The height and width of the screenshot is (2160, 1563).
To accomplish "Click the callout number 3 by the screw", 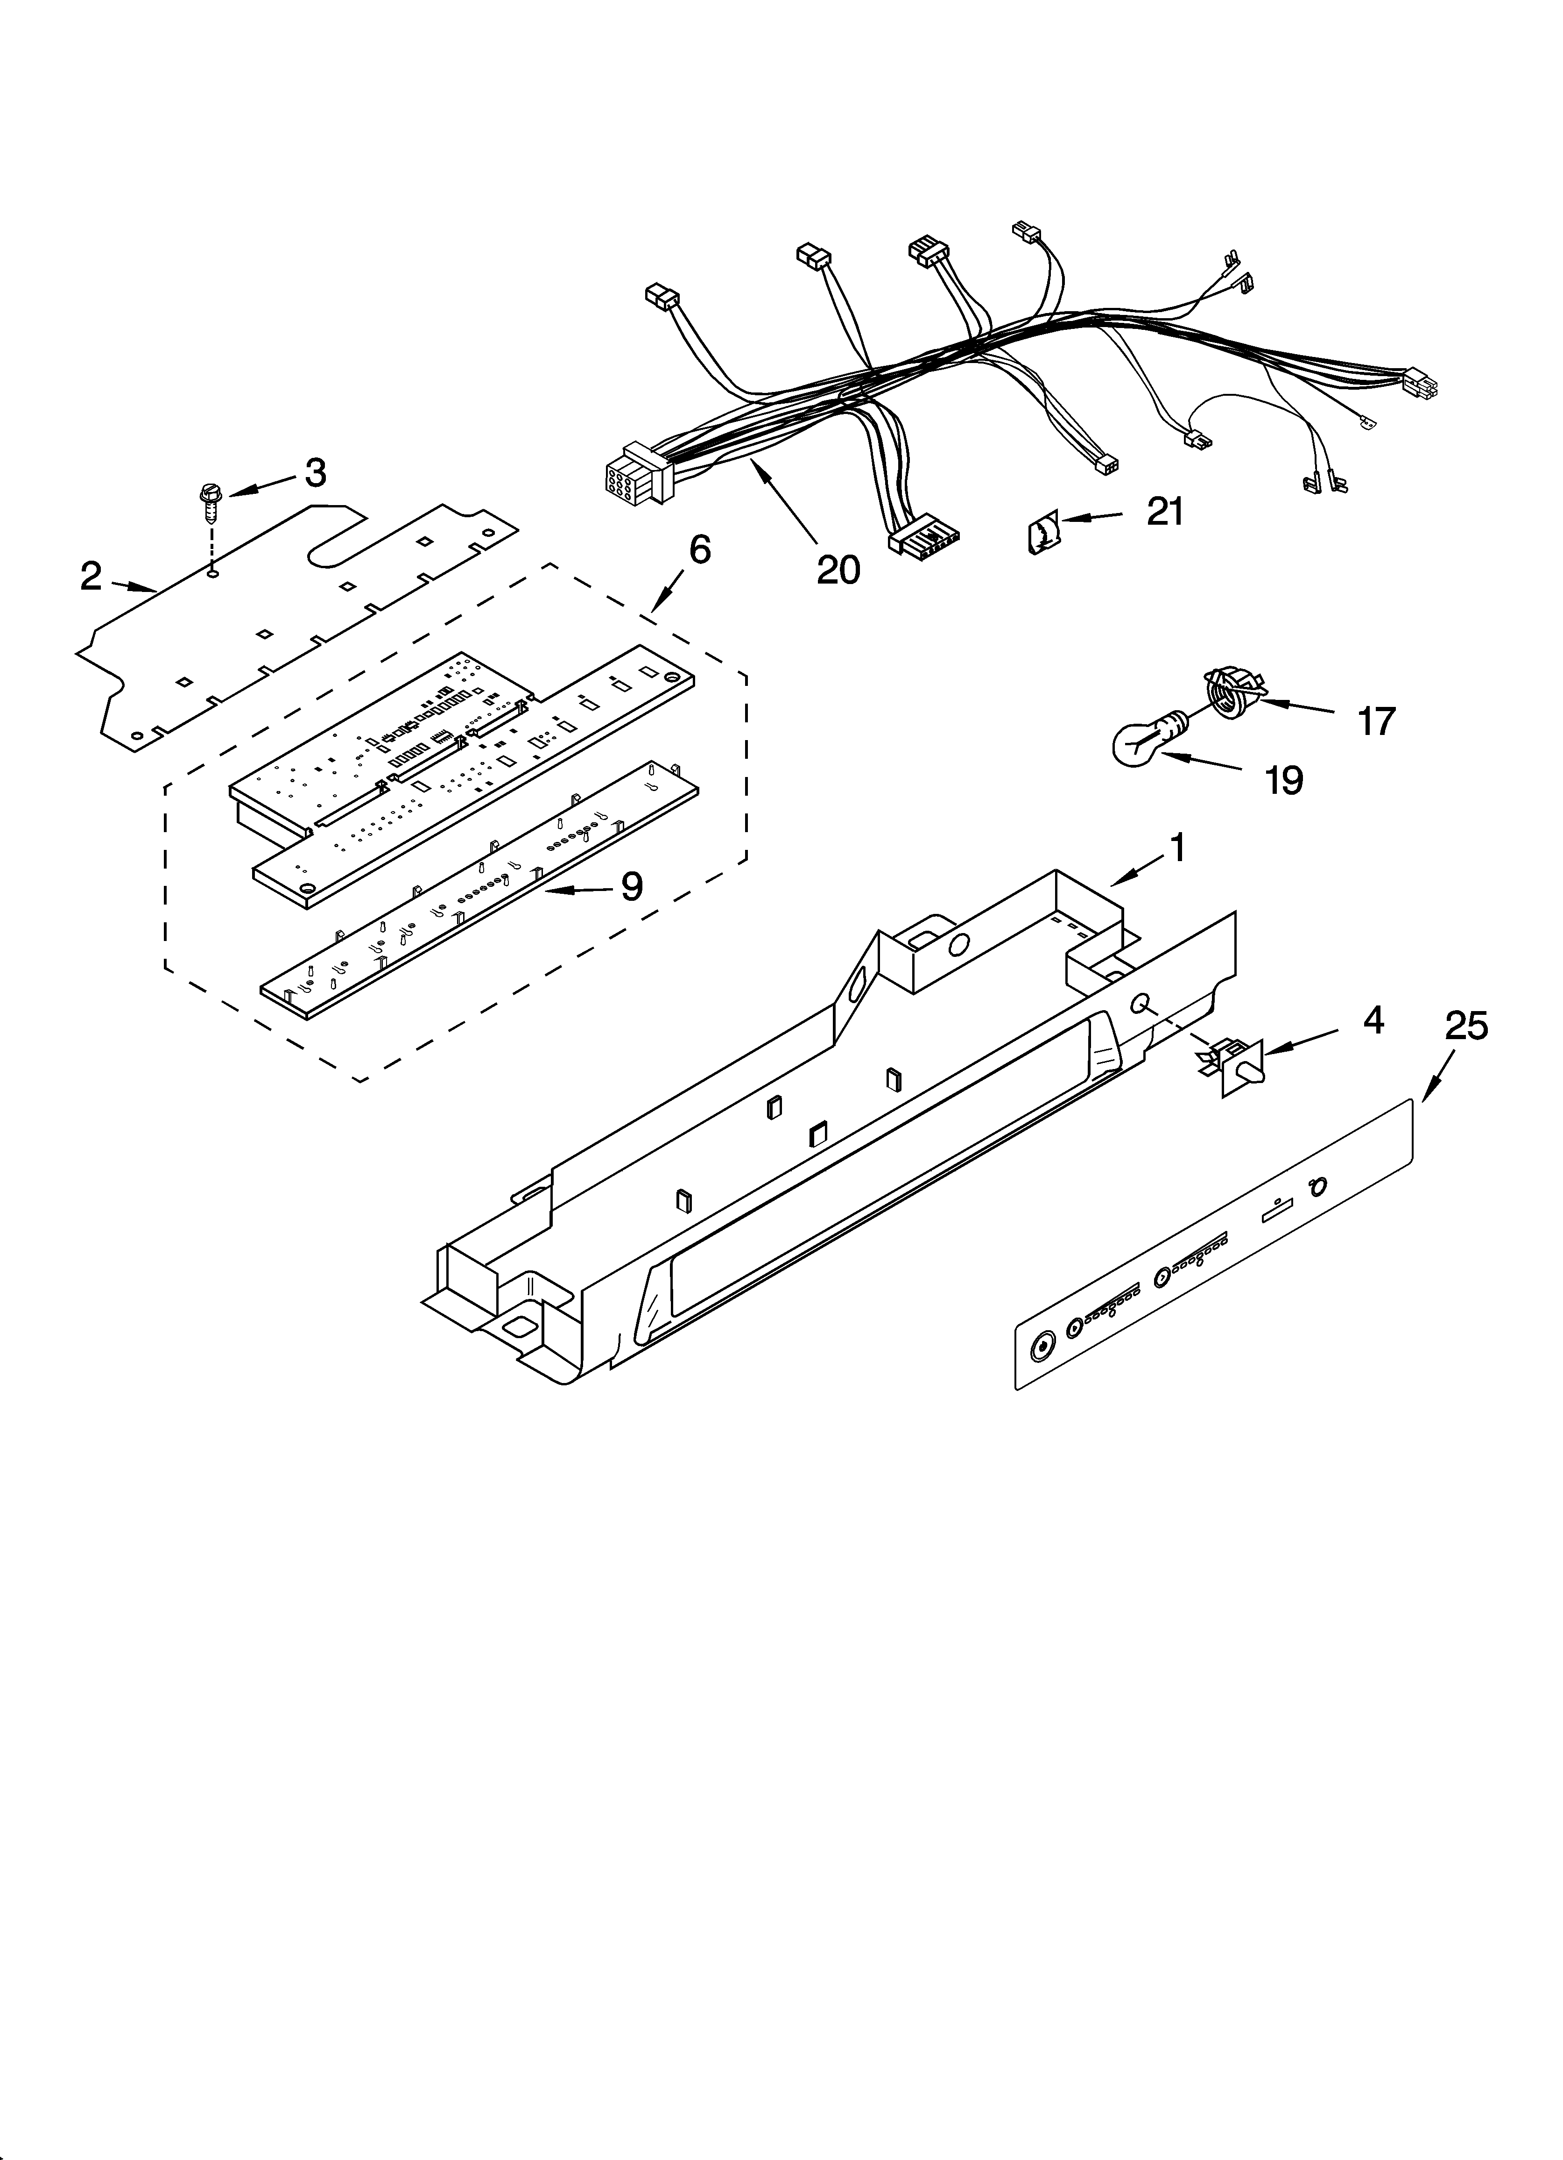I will [x=315, y=472].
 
